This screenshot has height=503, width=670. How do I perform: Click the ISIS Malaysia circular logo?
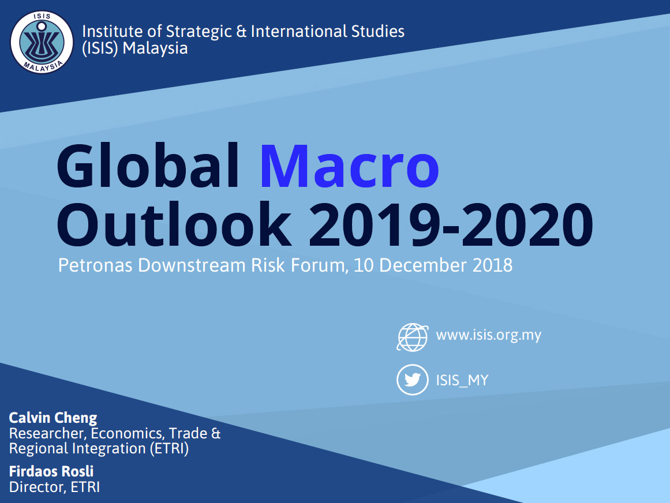(42, 42)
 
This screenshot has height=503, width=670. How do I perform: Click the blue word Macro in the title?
(349, 166)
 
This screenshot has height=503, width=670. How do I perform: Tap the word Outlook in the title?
(174, 224)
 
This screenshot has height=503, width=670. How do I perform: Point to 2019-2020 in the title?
(451, 225)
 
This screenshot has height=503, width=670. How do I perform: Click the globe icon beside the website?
(413, 337)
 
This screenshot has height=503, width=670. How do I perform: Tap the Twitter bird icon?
(413, 380)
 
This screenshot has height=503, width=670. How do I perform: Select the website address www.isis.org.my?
(488, 335)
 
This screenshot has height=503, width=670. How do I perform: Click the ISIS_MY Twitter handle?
(462, 380)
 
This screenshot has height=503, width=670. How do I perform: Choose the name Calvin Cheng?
(53, 418)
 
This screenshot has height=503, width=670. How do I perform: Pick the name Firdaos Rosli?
(51, 471)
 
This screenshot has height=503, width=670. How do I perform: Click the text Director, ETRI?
(54, 487)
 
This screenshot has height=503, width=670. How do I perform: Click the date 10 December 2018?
(433, 265)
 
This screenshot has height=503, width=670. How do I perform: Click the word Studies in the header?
(377, 31)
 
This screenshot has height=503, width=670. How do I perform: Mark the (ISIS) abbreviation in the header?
(100, 48)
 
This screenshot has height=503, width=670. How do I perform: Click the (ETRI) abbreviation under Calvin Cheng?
(169, 449)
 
